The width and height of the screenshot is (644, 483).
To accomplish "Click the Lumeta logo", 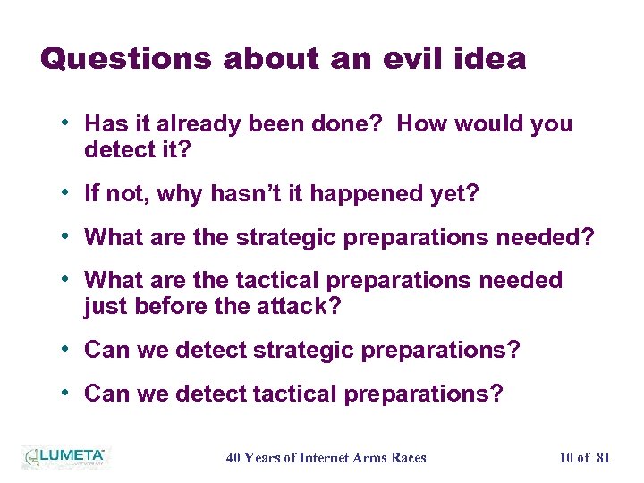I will [x=64, y=457].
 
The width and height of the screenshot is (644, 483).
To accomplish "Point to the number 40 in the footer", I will [x=233, y=458].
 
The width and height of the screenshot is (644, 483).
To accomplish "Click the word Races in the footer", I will [x=408, y=458].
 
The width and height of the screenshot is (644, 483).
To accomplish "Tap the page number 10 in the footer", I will [x=566, y=458].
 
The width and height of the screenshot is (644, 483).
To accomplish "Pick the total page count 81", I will [x=603, y=458].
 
